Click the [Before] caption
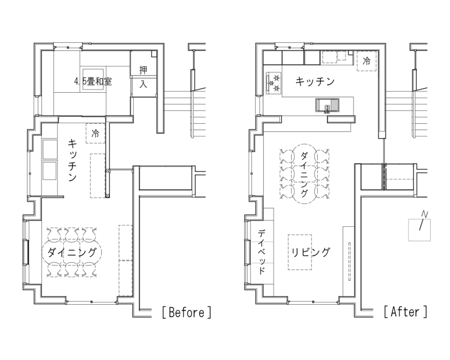[x=187, y=312]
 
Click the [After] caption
[x=405, y=311]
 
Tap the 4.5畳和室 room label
[x=93, y=82]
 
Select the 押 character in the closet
[x=143, y=70]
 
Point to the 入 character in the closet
[x=143, y=84]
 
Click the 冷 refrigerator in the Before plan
[x=96, y=134]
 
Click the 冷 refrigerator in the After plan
[x=367, y=61]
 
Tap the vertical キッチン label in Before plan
[x=72, y=160]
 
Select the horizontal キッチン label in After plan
[x=315, y=82]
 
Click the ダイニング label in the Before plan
[x=72, y=253]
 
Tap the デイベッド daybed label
[x=262, y=252]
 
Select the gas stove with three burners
[x=274, y=83]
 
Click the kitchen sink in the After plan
[x=328, y=105]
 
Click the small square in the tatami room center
[x=93, y=80]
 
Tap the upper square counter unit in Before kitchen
[x=50, y=149]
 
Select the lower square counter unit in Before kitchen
[x=50, y=171]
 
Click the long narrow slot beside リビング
[x=350, y=262]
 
